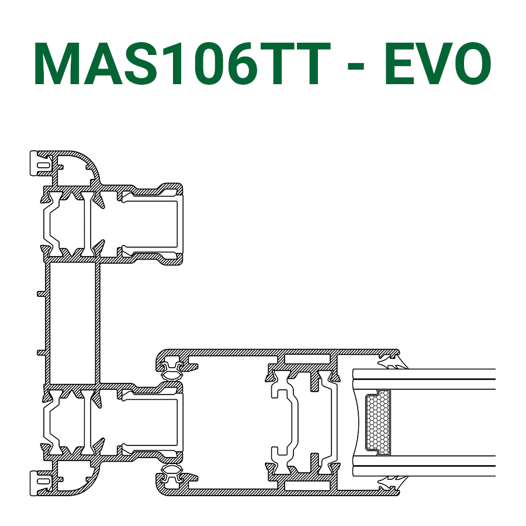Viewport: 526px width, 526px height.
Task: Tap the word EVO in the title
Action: tap(438, 63)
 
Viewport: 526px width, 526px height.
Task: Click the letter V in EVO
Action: tap(432, 63)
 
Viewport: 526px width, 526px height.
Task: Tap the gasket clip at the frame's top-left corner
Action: tap(41, 164)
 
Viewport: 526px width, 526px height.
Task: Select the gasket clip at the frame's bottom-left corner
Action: tap(41, 483)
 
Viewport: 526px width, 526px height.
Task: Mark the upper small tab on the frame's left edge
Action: tap(41, 294)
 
